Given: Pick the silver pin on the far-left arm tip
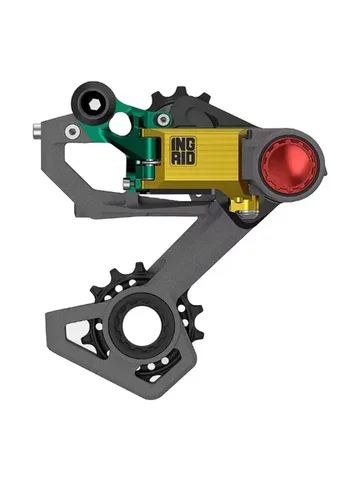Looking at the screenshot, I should (37, 128).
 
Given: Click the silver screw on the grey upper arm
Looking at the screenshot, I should (72, 131).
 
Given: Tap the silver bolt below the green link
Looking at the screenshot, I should (127, 182).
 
